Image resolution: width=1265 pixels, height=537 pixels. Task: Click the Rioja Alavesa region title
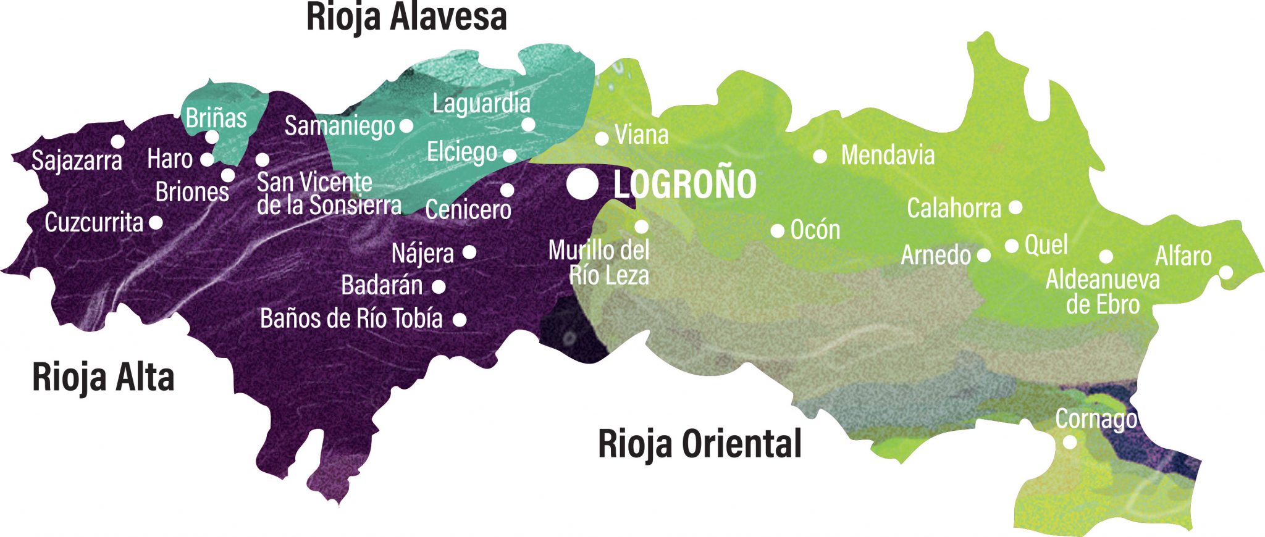[406, 17]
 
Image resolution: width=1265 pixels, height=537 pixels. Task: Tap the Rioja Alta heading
[103, 377]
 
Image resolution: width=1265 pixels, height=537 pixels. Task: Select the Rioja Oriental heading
[700, 444]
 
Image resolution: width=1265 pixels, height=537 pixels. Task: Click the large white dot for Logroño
[582, 184]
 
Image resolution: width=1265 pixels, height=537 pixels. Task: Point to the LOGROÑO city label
[685, 184]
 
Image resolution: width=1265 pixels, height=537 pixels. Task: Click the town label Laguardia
[481, 104]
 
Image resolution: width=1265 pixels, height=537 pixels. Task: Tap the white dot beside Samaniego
[406, 126]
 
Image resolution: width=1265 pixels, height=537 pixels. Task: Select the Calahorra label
[954, 209]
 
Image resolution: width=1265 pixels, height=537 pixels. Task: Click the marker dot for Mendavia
[820, 157]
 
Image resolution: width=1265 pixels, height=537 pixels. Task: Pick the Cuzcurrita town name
[94, 222]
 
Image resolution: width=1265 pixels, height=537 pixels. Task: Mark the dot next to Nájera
[469, 252]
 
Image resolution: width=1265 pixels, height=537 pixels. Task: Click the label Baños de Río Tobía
[351, 318]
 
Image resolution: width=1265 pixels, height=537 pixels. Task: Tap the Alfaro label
[1183, 256]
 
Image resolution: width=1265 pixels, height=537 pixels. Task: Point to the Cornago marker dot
[1070, 442]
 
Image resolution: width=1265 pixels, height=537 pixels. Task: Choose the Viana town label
[641, 135]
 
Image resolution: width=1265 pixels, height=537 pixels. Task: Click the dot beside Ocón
[778, 231]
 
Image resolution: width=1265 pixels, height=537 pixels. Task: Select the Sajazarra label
[77, 160]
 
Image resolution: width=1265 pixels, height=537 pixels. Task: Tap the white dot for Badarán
[439, 286]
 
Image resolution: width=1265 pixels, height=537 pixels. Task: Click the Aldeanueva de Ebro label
[1103, 292]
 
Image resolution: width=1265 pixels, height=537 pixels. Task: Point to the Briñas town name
[216, 117]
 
